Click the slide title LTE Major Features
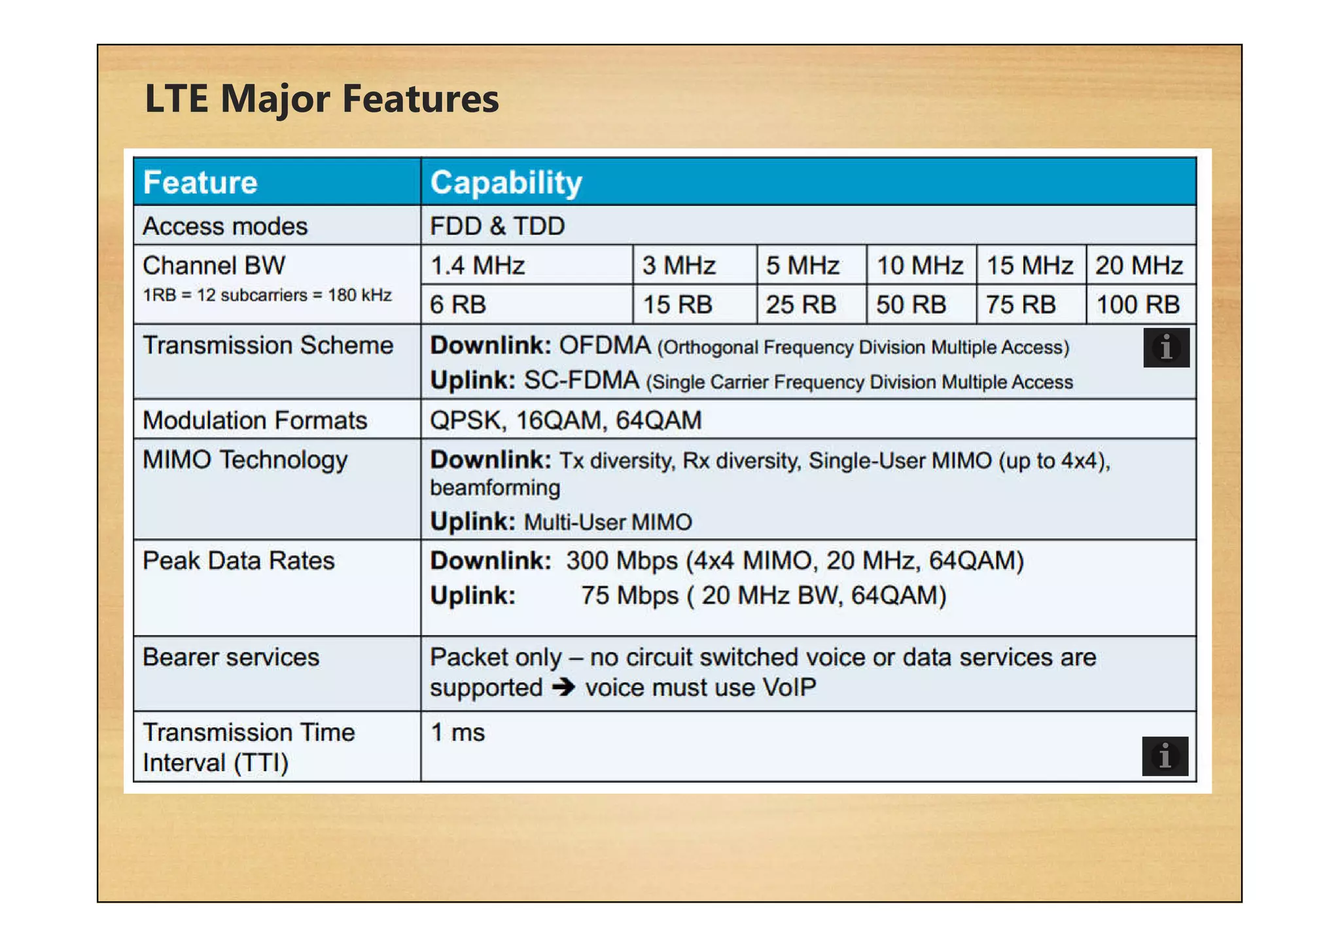tap(321, 99)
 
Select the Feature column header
tap(200, 182)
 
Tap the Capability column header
tap(506, 182)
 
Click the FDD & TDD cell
tap(497, 226)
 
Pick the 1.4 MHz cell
tap(478, 266)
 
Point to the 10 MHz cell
tap(919, 266)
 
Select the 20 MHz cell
tap(1139, 266)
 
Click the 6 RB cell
tap(458, 305)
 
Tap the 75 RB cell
tap(1021, 305)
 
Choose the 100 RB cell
tap(1138, 305)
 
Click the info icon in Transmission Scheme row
tap(1166, 347)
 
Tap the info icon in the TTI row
tap(1165, 756)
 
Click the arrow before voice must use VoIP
tap(563, 687)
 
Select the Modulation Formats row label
tap(255, 421)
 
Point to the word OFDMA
tap(605, 345)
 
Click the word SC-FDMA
tap(581, 381)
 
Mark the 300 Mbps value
tap(622, 561)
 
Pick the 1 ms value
tap(457, 732)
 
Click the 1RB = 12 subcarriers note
tap(267, 296)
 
